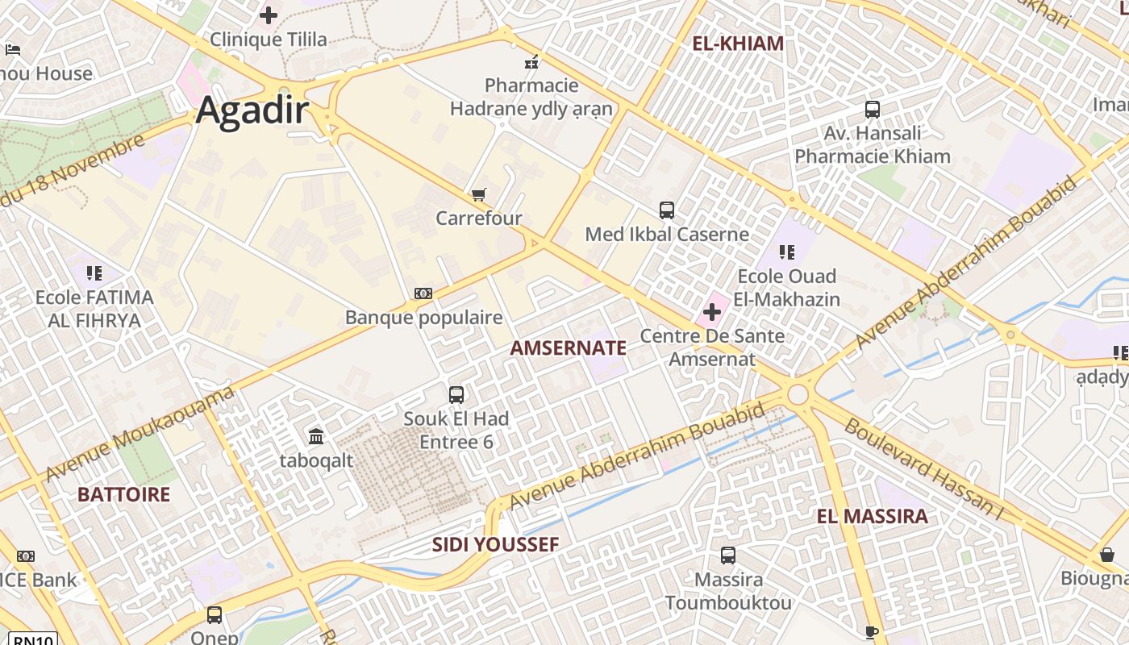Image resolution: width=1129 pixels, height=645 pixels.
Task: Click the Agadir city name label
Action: [x=252, y=110]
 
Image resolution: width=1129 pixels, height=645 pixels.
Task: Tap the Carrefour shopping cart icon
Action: [x=479, y=194]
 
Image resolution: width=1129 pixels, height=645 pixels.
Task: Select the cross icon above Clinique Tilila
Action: [x=269, y=15]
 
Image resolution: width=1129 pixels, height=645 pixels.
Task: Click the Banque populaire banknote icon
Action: [x=423, y=293]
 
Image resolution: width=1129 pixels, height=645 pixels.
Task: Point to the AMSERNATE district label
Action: [x=569, y=348]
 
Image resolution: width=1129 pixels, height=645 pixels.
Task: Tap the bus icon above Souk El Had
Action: [x=456, y=394]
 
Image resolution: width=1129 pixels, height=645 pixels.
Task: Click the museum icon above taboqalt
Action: [x=316, y=437]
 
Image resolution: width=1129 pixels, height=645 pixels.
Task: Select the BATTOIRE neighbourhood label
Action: [x=123, y=494]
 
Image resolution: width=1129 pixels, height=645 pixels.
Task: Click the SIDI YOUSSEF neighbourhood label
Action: [x=495, y=544]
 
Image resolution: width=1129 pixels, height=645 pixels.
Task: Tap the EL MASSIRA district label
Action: [x=872, y=517]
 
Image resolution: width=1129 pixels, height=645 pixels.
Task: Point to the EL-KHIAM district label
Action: [x=738, y=44]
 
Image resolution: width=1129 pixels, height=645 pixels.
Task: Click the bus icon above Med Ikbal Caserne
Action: [x=667, y=210]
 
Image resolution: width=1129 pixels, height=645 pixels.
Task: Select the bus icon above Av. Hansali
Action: [x=873, y=109]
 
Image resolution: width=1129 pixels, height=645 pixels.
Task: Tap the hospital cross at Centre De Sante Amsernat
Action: [x=712, y=311]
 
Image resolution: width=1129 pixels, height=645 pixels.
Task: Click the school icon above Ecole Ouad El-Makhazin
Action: [x=788, y=252]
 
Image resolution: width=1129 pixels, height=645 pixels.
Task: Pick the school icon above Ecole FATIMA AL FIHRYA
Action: [x=94, y=273]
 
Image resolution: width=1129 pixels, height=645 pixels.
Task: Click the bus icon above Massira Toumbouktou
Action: [x=728, y=556]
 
